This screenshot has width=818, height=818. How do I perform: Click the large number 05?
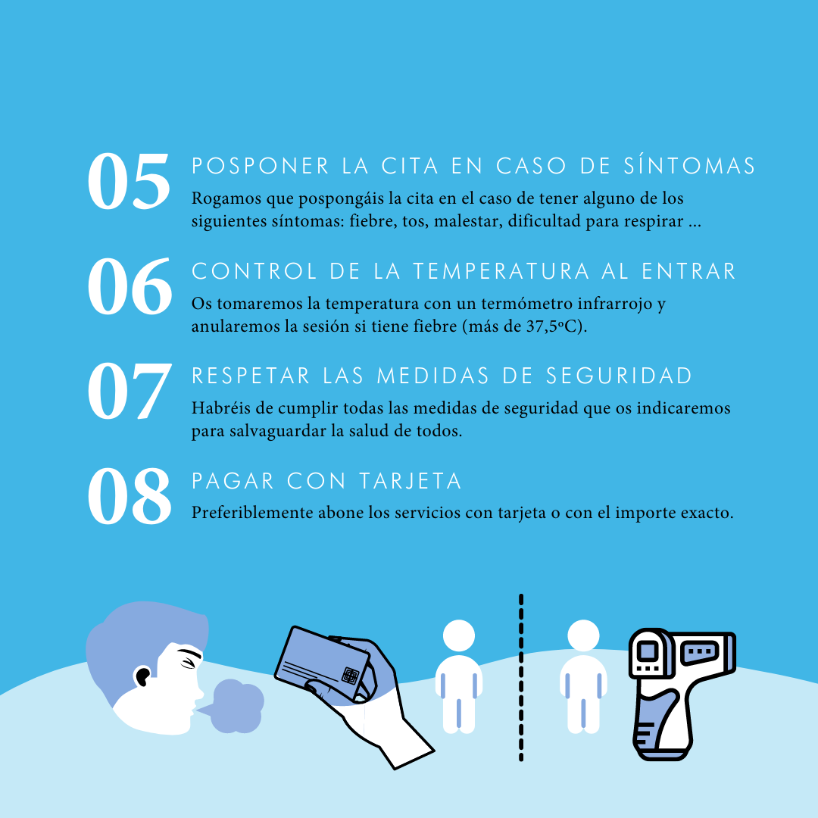pyautogui.click(x=129, y=182)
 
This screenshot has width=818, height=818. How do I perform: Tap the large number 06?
pyautogui.click(x=130, y=286)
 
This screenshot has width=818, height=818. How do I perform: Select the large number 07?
pyautogui.click(x=130, y=392)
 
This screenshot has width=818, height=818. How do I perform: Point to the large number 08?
pyautogui.click(x=130, y=496)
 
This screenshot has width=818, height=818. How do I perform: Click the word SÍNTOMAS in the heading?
pyautogui.click(x=690, y=166)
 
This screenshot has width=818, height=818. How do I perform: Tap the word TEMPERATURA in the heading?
pyautogui.click(x=501, y=271)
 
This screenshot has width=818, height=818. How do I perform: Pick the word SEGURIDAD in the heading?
pyautogui.click(x=620, y=376)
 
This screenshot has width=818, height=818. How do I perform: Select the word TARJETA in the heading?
pyautogui.click(x=411, y=481)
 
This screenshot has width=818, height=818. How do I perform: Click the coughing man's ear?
pyautogui.click(x=142, y=676)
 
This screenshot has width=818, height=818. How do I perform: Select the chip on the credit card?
pyautogui.click(x=350, y=675)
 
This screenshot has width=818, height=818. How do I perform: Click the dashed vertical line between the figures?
pyautogui.click(x=521, y=678)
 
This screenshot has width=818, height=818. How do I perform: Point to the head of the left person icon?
pyautogui.click(x=459, y=636)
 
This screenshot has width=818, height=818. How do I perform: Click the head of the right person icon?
pyautogui.click(x=583, y=636)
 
